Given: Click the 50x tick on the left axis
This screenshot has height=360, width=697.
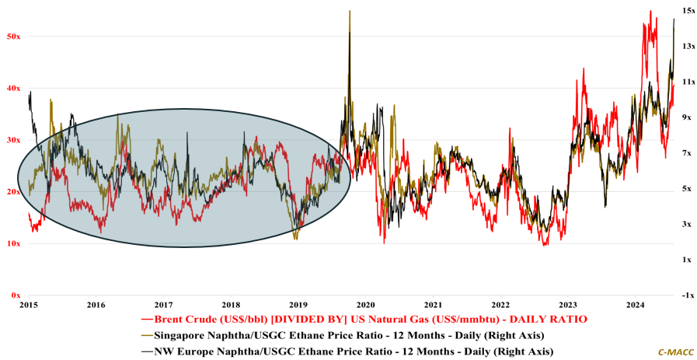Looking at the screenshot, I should click(12, 36).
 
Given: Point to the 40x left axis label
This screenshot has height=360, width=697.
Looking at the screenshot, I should click(12, 88).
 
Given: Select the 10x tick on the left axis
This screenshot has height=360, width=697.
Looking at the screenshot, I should click(12, 243).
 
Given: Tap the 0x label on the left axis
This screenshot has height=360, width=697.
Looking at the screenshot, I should click(15, 295).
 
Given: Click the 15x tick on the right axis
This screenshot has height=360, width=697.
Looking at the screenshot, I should click(688, 10).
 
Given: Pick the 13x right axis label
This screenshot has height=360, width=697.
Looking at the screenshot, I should click(688, 46).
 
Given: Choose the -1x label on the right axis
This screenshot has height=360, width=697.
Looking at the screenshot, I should click(688, 295).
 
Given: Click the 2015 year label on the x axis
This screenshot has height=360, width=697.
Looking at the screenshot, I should click(29, 305).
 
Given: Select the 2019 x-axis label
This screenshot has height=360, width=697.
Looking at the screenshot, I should click(298, 305).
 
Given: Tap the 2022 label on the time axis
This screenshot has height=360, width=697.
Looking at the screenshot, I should click(500, 305).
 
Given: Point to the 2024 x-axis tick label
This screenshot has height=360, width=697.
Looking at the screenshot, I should click(636, 305).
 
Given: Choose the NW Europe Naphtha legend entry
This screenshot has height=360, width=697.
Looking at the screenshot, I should click(354, 351).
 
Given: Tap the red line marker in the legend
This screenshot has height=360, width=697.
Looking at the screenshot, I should click(146, 320).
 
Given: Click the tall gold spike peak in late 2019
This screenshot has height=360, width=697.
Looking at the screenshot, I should click(350, 12).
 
